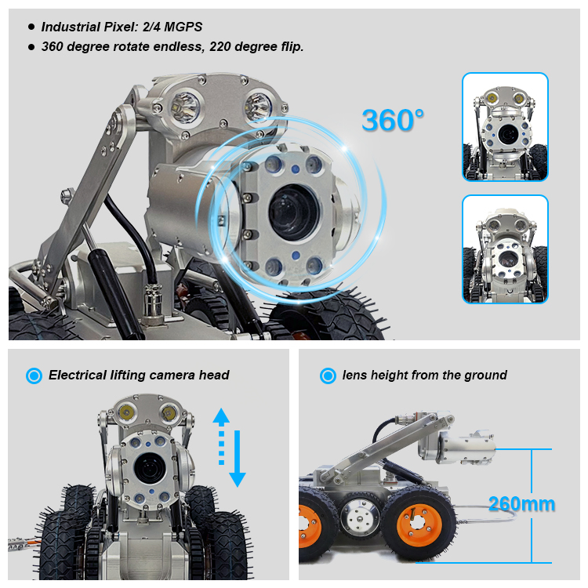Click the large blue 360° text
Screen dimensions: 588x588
coord(393,120)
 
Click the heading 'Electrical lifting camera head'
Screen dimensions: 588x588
coord(139,376)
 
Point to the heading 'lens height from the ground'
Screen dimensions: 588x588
coord(424,376)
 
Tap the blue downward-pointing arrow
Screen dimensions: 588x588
coord(238,474)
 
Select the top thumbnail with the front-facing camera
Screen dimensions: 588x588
coord(504,128)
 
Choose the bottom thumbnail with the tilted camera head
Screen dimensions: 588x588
coord(504,249)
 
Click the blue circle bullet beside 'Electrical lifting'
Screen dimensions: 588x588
coord(34,376)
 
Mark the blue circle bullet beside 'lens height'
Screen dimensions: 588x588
coord(328,376)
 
